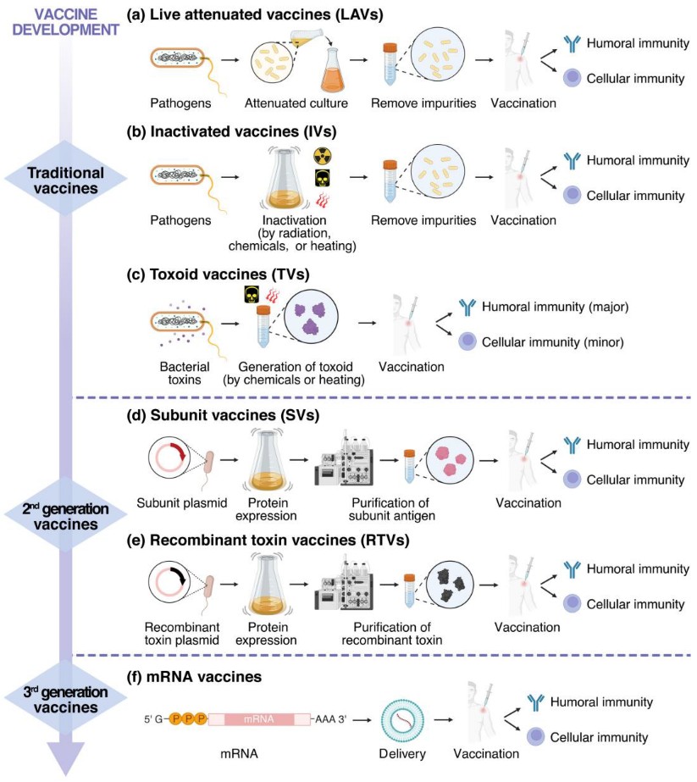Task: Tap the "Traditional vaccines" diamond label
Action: [x=66, y=180]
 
